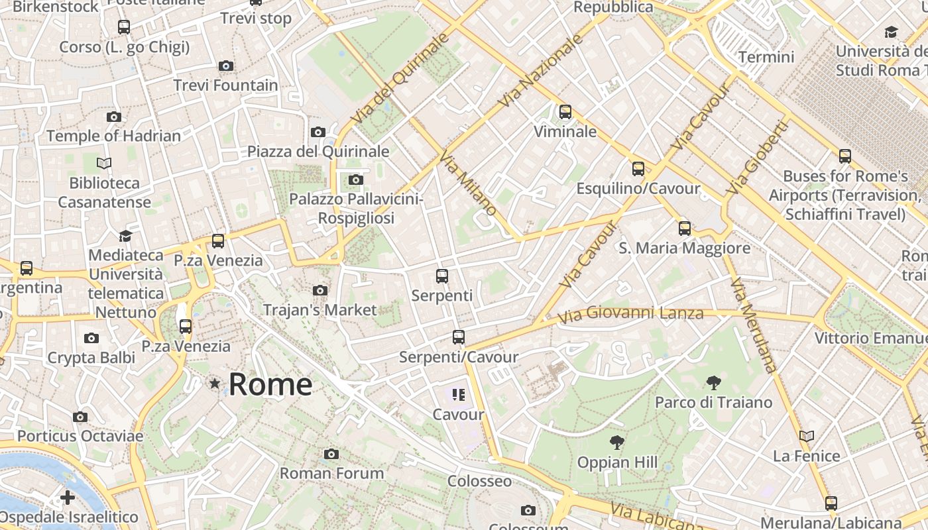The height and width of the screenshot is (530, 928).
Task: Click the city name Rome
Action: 270,384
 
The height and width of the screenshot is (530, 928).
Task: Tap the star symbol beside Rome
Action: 214,384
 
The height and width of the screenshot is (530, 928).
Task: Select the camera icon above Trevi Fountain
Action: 226,66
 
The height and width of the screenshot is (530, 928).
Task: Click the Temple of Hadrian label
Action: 113,136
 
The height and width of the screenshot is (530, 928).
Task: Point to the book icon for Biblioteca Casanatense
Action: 104,163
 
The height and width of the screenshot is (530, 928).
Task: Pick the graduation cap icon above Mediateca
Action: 125,236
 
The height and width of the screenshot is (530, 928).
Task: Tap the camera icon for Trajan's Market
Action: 320,290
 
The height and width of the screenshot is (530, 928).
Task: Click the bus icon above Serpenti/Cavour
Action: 458,337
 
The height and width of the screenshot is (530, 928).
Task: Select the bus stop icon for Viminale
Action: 565,112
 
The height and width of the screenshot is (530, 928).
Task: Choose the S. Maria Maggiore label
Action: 684,248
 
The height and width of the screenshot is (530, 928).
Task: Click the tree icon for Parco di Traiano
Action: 713,382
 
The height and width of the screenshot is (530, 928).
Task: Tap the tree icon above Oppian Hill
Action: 616,442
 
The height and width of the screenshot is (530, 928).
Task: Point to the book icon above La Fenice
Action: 806,436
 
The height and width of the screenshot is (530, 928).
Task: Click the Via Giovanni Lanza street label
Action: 630,313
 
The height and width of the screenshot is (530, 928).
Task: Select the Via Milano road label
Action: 468,183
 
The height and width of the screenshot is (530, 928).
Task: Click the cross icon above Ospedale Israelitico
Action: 67,497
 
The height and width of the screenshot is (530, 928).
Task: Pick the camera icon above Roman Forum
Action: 331,454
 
